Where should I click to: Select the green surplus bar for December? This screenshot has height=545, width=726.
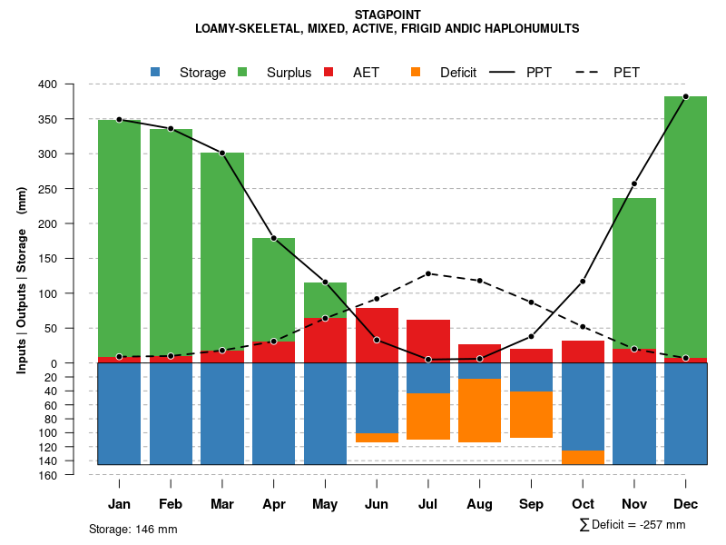tap(685, 227)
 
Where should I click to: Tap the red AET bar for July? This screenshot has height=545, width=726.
tap(428, 341)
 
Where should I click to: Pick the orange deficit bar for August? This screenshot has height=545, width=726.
tap(480, 411)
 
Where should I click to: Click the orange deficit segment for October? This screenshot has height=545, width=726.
tap(583, 457)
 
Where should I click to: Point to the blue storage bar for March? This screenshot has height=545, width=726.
tap(222, 413)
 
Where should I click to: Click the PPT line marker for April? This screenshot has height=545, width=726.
tap(273, 238)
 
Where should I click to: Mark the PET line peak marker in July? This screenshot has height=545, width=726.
tap(428, 273)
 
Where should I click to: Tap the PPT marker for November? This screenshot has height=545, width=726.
tap(634, 184)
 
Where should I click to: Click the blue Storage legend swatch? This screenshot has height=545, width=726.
tap(155, 72)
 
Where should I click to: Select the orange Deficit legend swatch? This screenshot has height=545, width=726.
tap(416, 72)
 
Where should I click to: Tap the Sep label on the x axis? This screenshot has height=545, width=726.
tap(531, 504)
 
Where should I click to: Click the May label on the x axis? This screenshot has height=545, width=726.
tap(325, 504)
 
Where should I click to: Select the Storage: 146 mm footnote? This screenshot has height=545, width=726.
tap(133, 529)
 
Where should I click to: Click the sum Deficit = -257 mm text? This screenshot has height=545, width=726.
tap(633, 524)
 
